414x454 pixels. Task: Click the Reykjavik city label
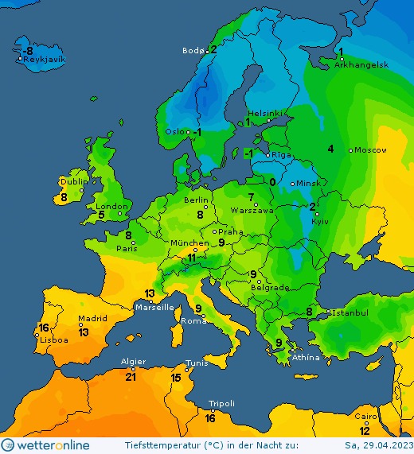pos(45,60)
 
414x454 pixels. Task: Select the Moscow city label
pos(370,150)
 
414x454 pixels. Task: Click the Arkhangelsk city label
pos(361,64)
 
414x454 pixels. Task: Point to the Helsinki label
pos(265,113)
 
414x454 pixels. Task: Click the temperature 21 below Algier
pos(131,377)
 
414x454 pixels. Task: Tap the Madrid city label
pos(92,319)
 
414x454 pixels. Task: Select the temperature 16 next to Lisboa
pos(44,328)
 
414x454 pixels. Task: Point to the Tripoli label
pos(221,404)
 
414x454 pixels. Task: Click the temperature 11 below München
pos(191,258)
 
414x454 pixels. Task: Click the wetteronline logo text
pos(53,444)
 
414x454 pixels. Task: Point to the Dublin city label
pos(73,181)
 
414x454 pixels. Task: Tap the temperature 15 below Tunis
pos(176,378)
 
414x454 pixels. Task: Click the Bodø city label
pos(193,51)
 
